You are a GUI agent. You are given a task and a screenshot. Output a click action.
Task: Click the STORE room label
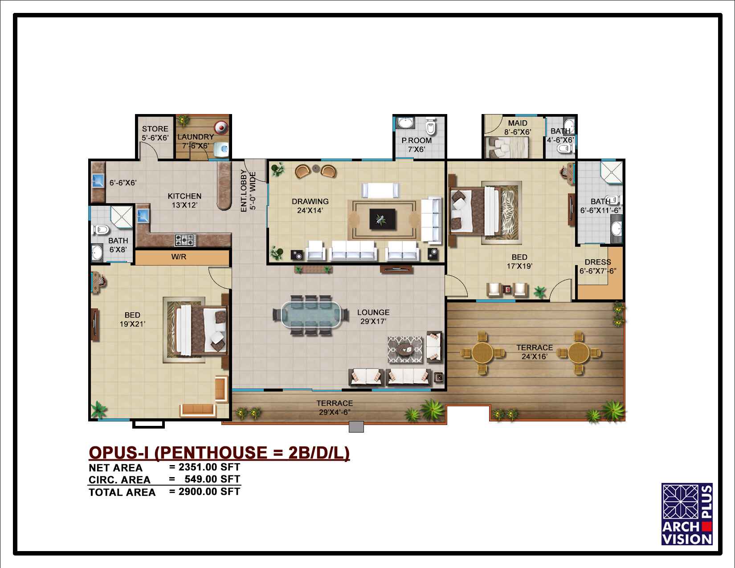(x=155, y=129)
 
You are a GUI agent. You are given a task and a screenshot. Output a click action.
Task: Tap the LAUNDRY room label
(x=196, y=137)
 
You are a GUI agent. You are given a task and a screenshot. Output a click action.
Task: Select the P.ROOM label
(x=416, y=140)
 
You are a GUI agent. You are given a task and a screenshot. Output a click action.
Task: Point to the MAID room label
(x=518, y=123)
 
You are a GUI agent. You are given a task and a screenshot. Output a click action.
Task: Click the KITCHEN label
(x=184, y=196)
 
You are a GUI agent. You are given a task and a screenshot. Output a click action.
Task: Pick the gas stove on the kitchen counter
(x=185, y=240)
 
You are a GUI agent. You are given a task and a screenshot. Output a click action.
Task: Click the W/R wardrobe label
(x=179, y=257)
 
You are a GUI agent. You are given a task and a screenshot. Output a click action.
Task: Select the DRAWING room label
(x=310, y=202)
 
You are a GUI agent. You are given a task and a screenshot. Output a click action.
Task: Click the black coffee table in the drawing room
(x=382, y=219)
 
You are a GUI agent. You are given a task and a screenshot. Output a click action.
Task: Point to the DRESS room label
(x=598, y=262)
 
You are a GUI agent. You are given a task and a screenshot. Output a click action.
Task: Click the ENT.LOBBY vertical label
(x=244, y=191)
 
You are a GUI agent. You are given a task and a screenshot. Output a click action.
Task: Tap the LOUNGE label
(x=373, y=313)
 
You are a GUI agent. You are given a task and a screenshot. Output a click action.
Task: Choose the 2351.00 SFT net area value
(x=209, y=467)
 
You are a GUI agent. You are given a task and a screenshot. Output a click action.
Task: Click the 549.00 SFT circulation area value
(x=212, y=479)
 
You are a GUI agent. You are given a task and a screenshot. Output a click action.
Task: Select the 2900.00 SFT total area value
(x=209, y=491)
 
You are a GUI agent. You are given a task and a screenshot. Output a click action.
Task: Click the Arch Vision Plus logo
(x=686, y=514)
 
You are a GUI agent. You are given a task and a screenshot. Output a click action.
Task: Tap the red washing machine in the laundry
(x=221, y=128)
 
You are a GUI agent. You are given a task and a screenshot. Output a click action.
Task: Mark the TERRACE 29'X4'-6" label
(x=335, y=408)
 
